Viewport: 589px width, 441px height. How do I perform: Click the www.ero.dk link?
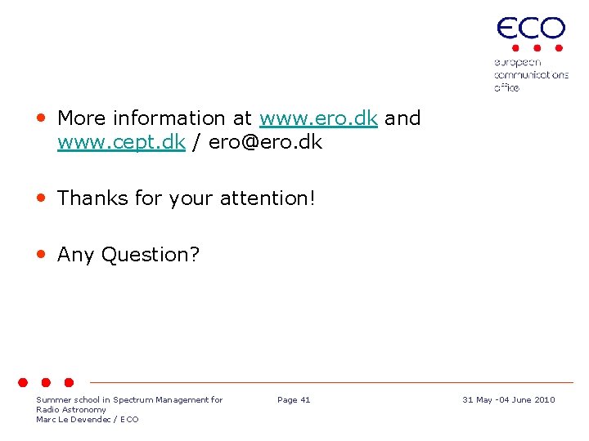click(318, 118)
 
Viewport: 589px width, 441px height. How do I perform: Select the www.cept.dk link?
click(121, 143)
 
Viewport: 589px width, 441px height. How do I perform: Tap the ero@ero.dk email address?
click(265, 143)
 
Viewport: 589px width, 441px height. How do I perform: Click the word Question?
click(150, 255)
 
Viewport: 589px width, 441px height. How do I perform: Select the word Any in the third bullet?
click(75, 255)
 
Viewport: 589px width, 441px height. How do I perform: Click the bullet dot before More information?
click(40, 118)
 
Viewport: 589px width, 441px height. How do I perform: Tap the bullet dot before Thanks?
click(40, 198)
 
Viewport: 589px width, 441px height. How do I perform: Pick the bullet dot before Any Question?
click(40, 254)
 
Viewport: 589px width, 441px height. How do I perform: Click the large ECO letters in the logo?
click(531, 29)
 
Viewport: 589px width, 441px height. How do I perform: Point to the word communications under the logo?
click(531, 75)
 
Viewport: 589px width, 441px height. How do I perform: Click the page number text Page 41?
click(294, 400)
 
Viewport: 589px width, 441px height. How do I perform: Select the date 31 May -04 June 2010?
click(508, 400)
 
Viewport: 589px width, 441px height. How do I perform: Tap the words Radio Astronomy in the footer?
click(71, 410)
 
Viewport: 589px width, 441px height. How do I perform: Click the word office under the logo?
click(506, 87)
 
